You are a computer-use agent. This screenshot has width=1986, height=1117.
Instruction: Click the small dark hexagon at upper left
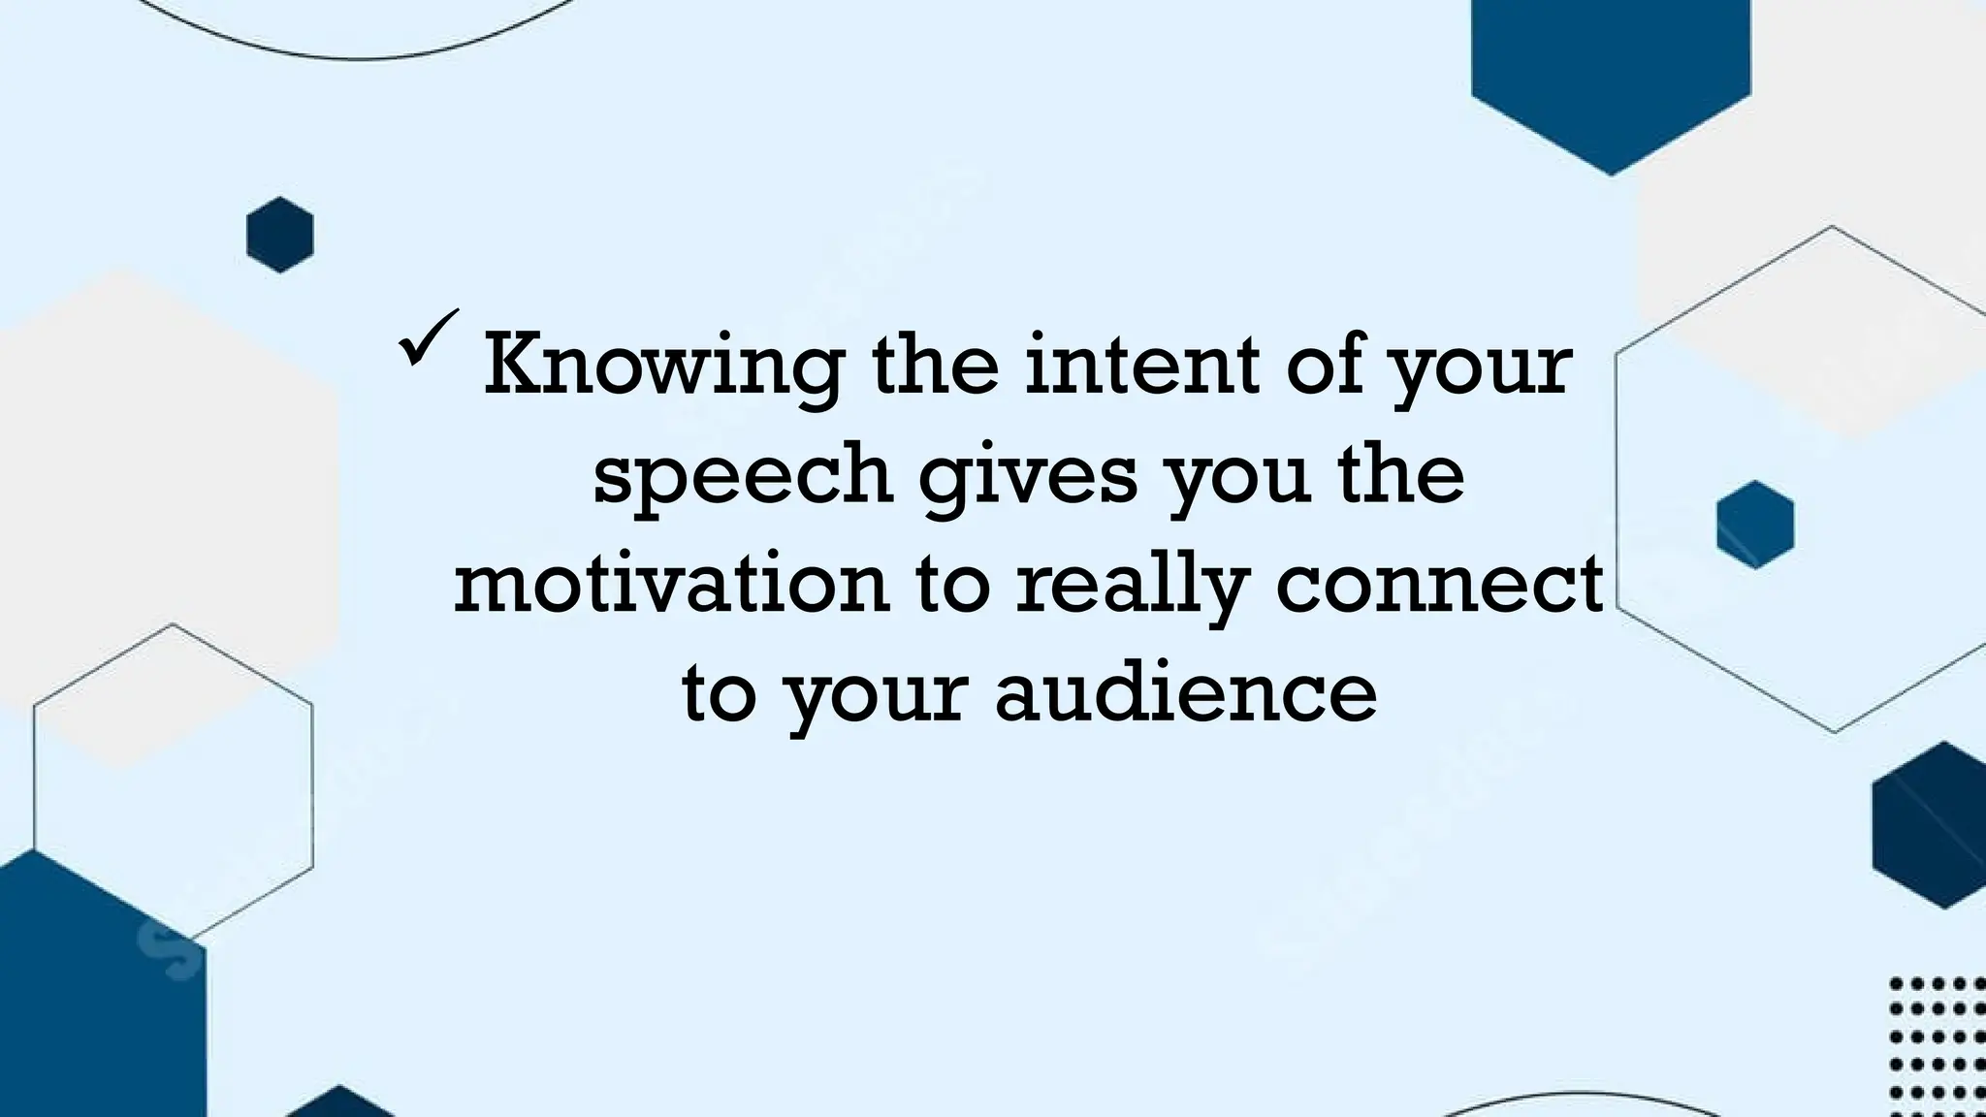(x=280, y=235)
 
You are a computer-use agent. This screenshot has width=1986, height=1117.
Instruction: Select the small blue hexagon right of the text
(x=1755, y=525)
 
